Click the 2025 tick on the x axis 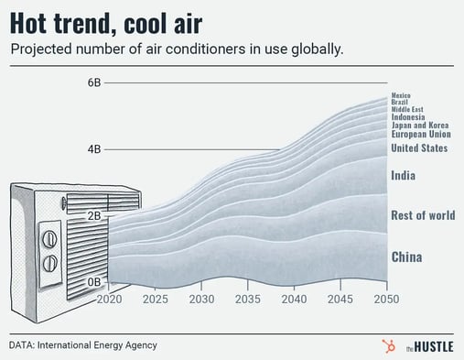[x=156, y=300]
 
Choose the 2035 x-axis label [x=248, y=300]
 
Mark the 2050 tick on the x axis [x=386, y=300]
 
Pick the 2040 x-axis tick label [x=294, y=300]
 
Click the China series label [x=406, y=257]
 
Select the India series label [x=403, y=175]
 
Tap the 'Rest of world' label [x=422, y=216]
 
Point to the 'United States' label [x=418, y=148]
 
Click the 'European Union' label [x=419, y=135]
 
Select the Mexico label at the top [x=401, y=95]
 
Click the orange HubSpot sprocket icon [x=386, y=345]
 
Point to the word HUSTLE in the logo [x=427, y=345]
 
